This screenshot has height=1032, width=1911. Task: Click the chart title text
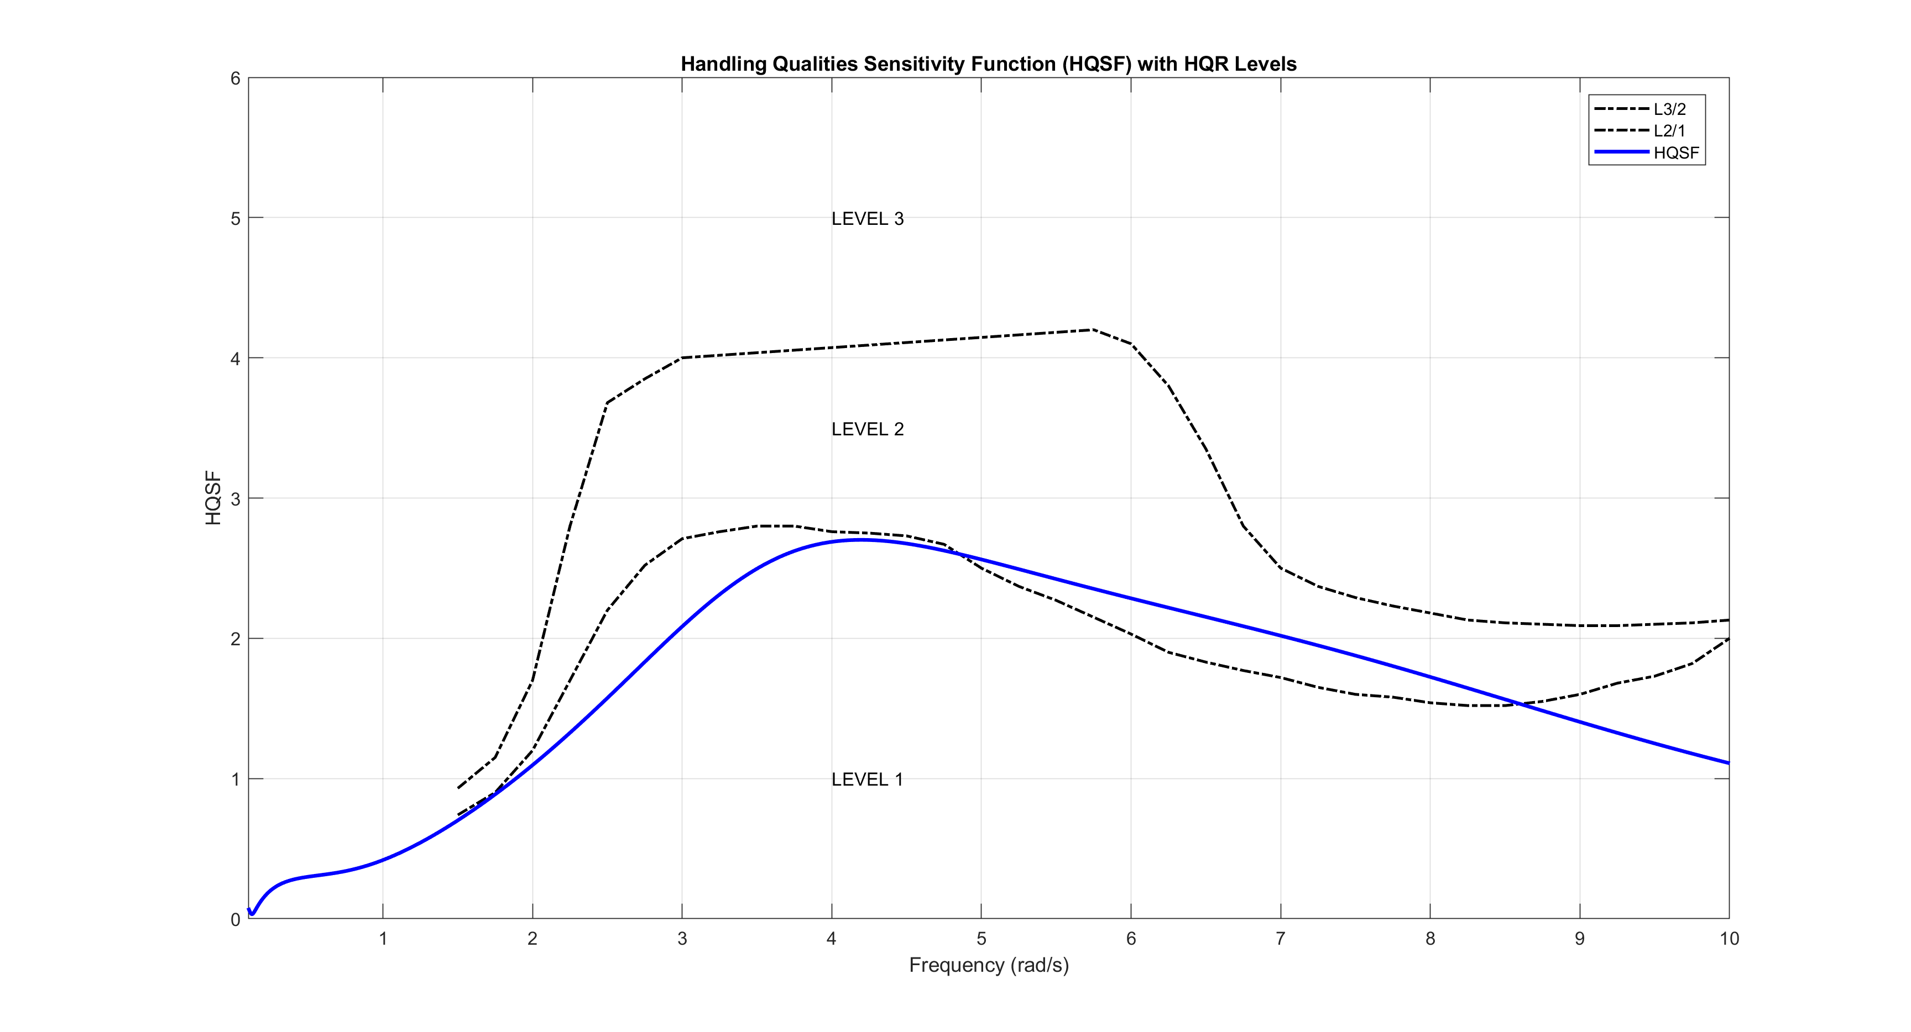988,65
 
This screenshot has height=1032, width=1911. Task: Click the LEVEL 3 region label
867,219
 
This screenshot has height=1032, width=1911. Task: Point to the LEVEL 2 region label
867,429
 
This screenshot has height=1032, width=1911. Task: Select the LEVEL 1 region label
867,779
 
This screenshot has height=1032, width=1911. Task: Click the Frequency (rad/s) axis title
988,965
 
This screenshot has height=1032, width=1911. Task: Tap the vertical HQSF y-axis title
213,498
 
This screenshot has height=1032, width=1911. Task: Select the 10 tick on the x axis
1729,939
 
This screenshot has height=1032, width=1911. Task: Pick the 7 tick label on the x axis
1281,939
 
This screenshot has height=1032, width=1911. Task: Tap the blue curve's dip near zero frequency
252,914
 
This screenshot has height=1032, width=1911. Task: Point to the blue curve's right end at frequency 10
1729,763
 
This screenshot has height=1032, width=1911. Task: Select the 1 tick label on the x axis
383,939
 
